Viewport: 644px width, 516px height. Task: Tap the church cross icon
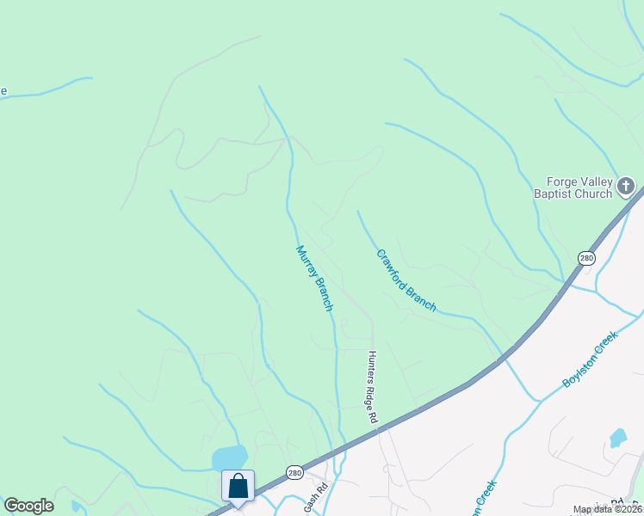pos(626,186)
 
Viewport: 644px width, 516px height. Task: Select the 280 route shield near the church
pos(586,258)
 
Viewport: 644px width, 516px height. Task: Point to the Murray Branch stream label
pos(313,279)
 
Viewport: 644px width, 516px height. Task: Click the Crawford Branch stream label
pos(406,280)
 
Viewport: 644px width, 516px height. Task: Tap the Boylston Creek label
pos(590,360)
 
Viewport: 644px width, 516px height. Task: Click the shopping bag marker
pos(238,486)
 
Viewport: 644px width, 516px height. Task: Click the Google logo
pos(28,506)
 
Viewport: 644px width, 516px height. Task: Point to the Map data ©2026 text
pos(608,510)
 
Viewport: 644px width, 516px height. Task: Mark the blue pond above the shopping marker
pos(230,457)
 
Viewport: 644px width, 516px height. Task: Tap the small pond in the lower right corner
pos(617,438)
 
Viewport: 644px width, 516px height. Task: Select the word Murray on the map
pos(306,263)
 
